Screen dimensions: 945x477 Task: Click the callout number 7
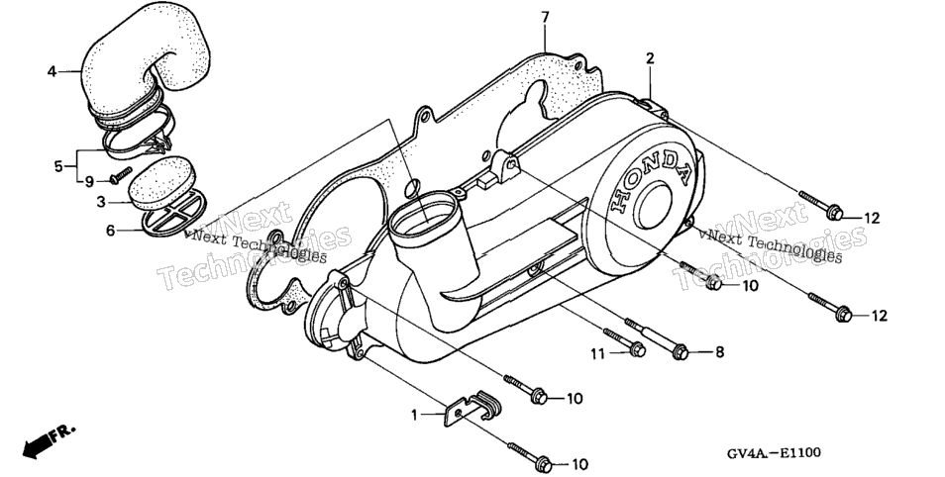[x=545, y=18]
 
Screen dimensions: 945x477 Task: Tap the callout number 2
[x=650, y=58]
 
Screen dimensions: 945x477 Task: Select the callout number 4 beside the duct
[x=52, y=71]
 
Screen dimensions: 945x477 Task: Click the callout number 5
[x=58, y=165]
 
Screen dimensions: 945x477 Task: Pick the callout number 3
[x=101, y=202]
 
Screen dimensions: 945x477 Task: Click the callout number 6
[x=110, y=230]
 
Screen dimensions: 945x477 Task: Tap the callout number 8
[x=719, y=352]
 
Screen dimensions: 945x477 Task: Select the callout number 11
[x=596, y=353]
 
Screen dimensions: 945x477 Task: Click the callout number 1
[x=415, y=415]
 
